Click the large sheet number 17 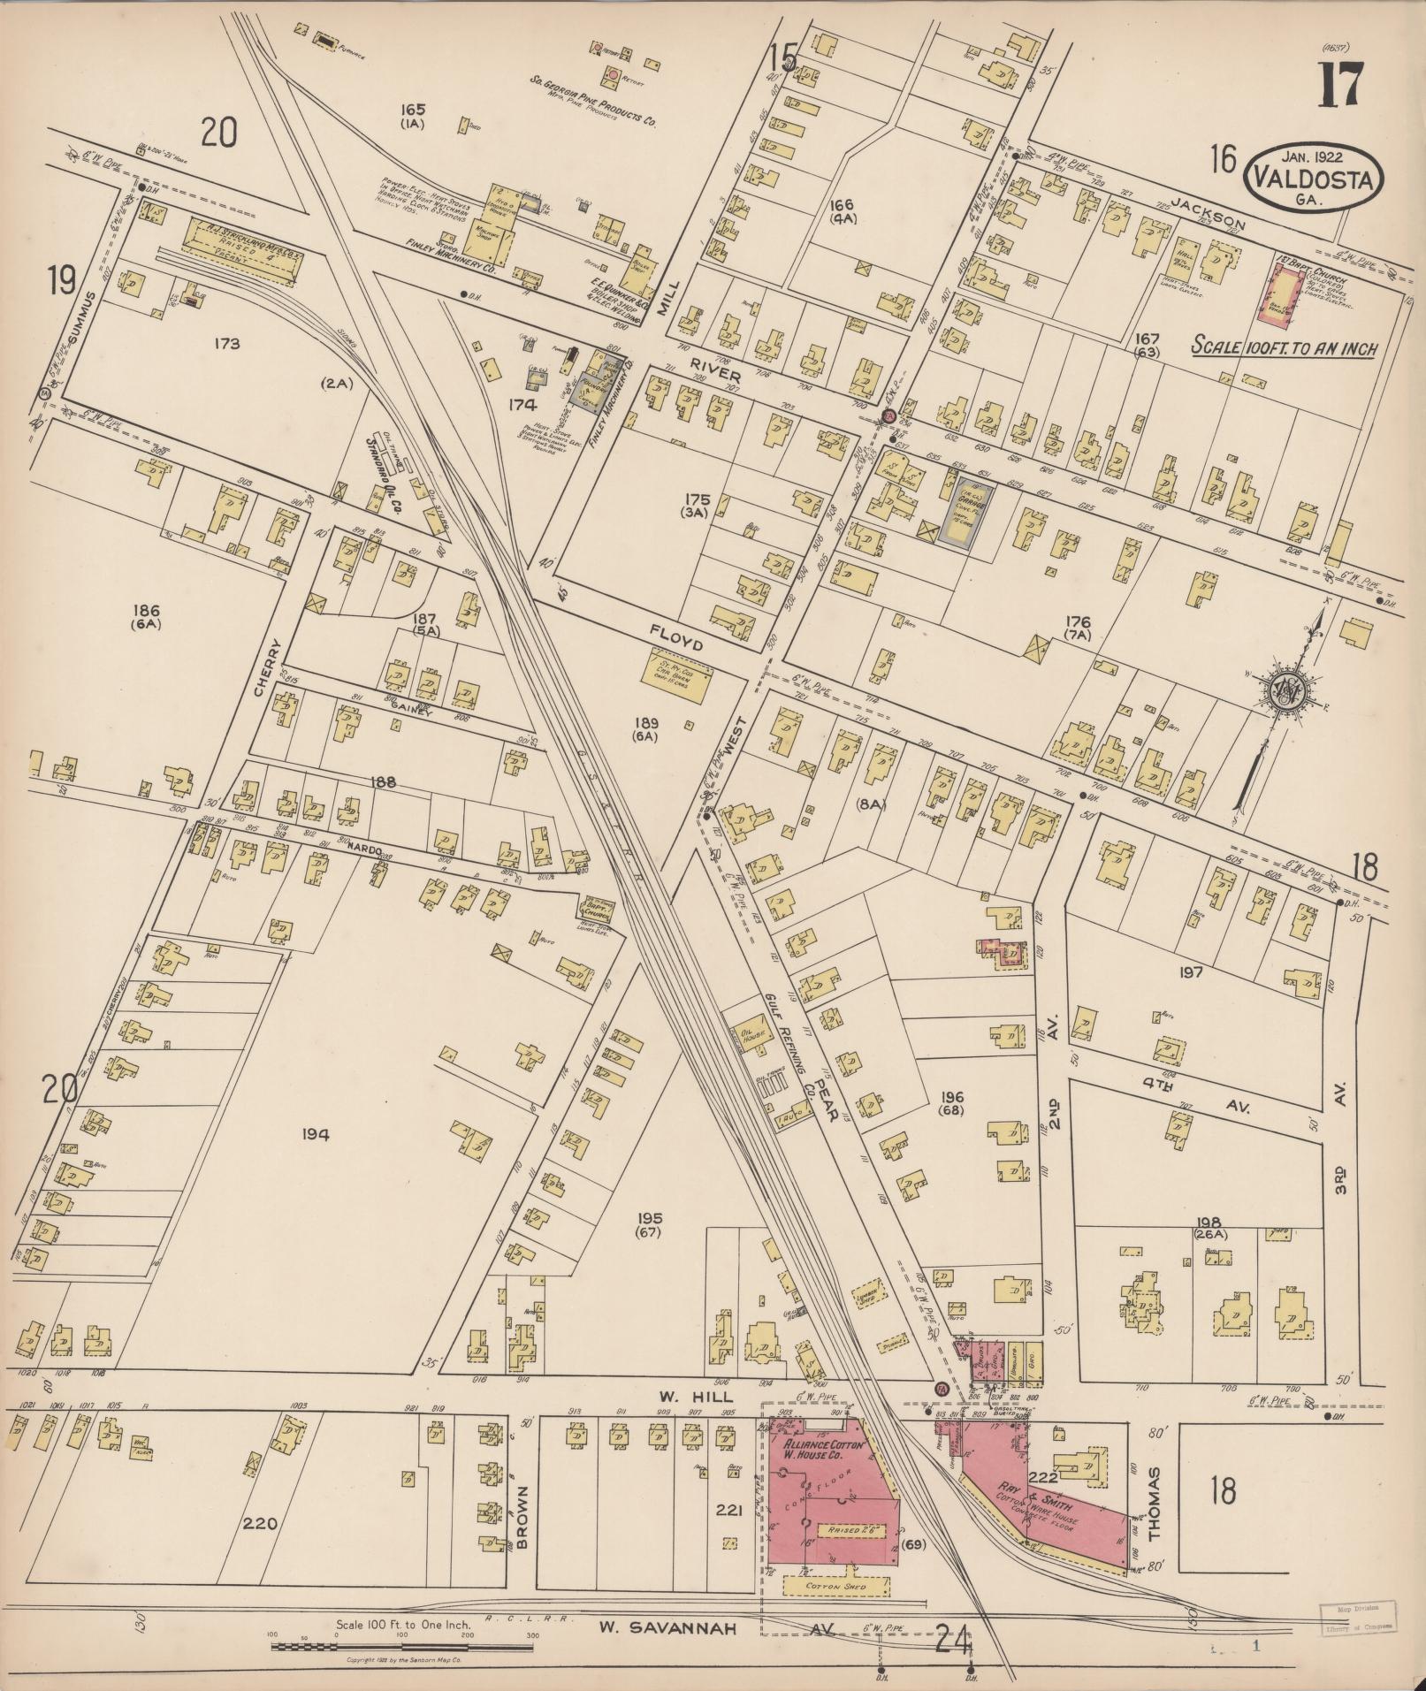click(x=1341, y=85)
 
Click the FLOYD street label click(x=677, y=638)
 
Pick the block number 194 click(x=315, y=1135)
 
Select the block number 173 click(x=226, y=343)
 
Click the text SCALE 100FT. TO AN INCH click(x=1284, y=347)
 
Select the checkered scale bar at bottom click(x=402, y=1647)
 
